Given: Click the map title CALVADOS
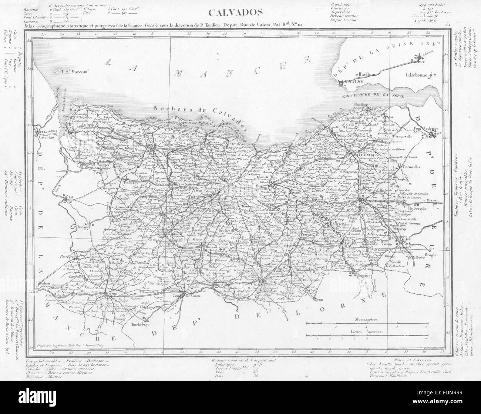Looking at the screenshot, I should point(235,13).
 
